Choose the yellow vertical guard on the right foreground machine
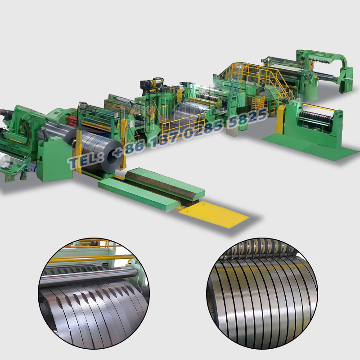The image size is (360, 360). point(282,119)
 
